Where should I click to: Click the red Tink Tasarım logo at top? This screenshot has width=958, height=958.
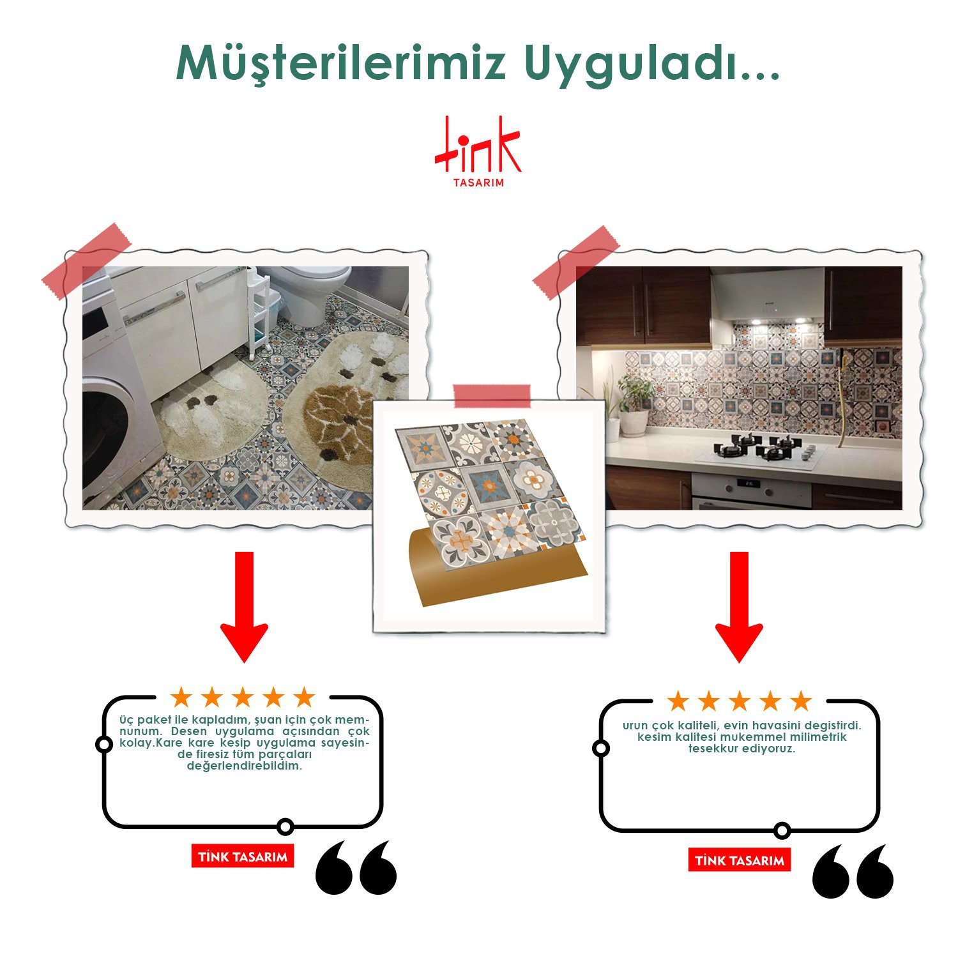pyautogui.click(x=478, y=151)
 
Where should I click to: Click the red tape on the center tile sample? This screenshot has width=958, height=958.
pyautogui.click(x=492, y=396)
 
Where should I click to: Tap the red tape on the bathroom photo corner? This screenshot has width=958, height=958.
pyautogui.click(x=86, y=261)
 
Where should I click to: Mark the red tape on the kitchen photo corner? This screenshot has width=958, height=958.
pyautogui.click(x=576, y=262)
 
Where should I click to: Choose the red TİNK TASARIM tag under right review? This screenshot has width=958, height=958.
pyautogui.click(x=740, y=860)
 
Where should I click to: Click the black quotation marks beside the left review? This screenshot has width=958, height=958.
pyautogui.click(x=356, y=867)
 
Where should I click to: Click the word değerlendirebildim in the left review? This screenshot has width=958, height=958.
pyautogui.click(x=245, y=766)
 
